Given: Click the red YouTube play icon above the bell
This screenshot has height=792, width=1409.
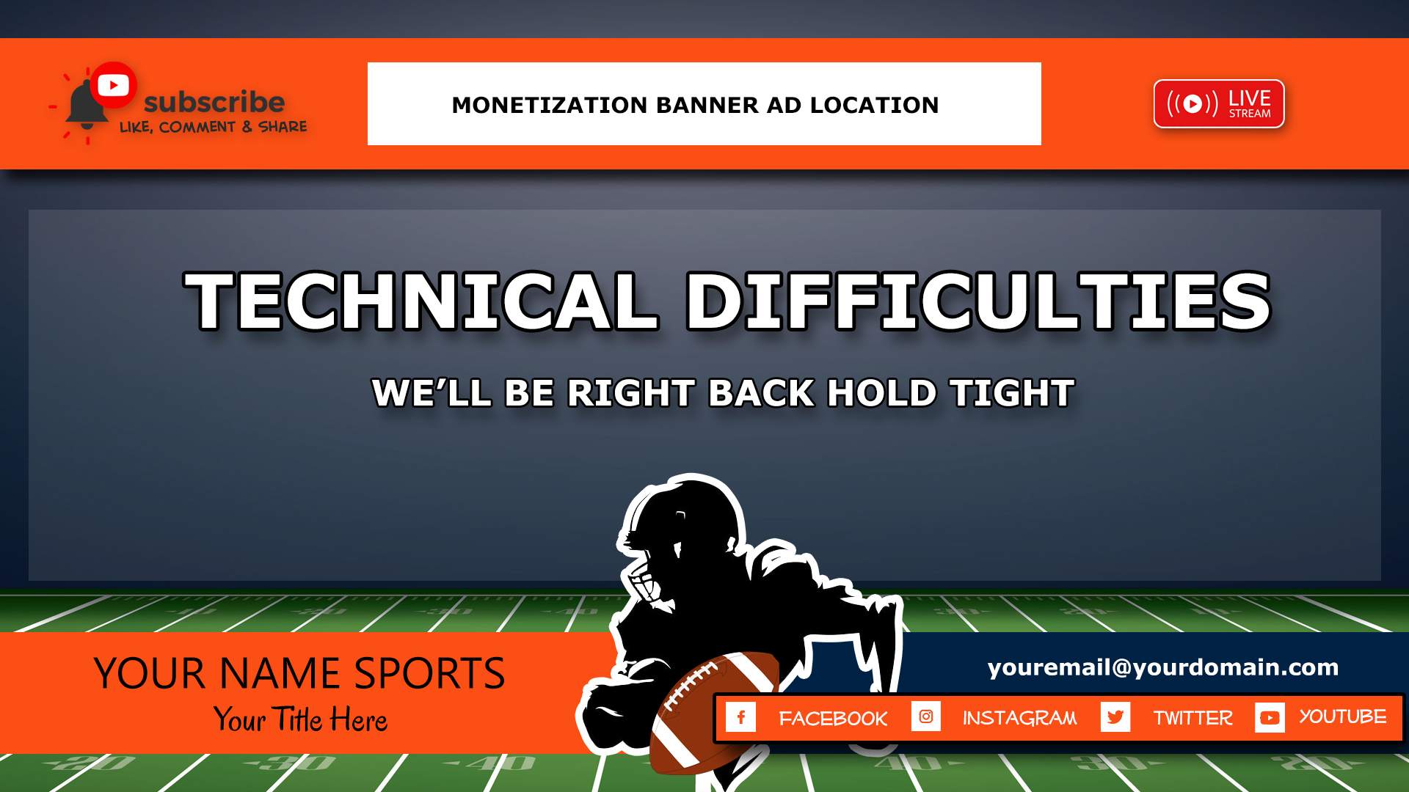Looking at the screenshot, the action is tap(113, 85).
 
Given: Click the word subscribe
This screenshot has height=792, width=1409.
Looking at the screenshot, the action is tap(214, 102).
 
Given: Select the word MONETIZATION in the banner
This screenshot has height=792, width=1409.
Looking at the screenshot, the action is tap(550, 105).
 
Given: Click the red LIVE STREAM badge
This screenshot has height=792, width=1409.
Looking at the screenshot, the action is tap(1219, 103).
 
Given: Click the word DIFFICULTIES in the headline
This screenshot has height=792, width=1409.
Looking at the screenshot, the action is tap(977, 301).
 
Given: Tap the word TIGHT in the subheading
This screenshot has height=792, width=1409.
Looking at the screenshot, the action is tap(1012, 393).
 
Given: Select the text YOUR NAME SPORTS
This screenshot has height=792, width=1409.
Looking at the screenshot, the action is tap(299, 673).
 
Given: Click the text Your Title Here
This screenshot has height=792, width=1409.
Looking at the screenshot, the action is tap(300, 719).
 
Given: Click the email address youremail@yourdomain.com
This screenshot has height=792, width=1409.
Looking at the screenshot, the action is tap(1163, 667).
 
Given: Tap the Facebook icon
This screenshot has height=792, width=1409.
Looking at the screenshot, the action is tap(740, 716).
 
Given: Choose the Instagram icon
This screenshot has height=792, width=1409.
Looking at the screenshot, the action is tap(926, 716).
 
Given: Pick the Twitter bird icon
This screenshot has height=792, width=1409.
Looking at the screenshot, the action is tap(1115, 716).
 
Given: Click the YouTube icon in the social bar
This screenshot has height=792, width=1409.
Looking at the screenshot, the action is tap(1270, 717).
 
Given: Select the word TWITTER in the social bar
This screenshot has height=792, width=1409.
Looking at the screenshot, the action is tap(1193, 718).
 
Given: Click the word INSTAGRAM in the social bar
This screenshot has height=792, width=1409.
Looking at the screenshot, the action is tap(1020, 718).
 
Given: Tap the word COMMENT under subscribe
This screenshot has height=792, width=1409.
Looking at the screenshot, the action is tap(197, 127).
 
